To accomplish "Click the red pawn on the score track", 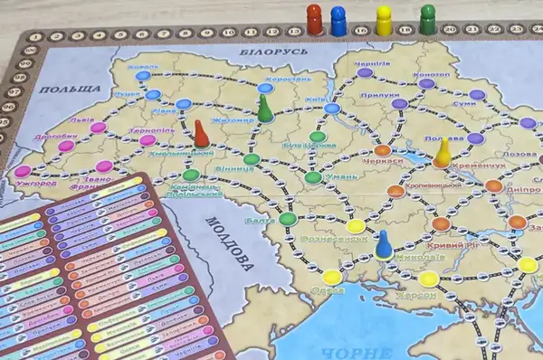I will click(x=314, y=19).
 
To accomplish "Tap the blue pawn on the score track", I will click(x=338, y=21).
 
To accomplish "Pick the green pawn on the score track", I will click(x=428, y=19).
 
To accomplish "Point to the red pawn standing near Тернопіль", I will click(x=201, y=135).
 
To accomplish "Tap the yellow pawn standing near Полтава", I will click(x=443, y=153).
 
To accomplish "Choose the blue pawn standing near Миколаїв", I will click(x=384, y=243).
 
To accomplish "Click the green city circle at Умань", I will click(x=312, y=177).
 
